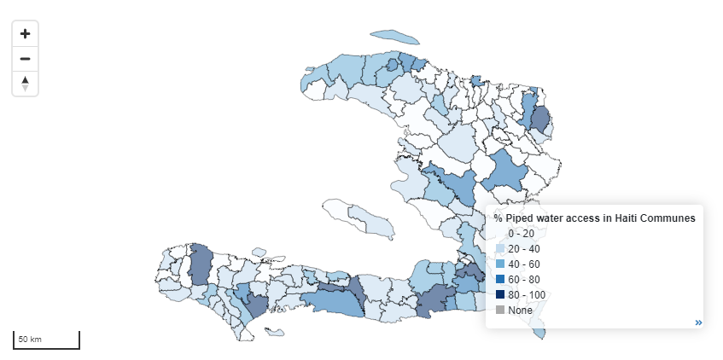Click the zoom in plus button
point(25,34)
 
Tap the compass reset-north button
point(25,83)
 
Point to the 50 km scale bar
point(46,340)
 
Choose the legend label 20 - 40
point(523,249)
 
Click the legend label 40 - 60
point(523,264)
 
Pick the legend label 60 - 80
point(523,280)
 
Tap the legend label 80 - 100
point(527,295)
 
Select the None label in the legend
point(520,311)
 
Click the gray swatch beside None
point(500,311)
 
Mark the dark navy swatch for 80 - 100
point(500,295)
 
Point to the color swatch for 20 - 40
point(500,249)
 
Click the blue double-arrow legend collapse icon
point(698,322)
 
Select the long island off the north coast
point(396,38)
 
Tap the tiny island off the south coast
point(274,332)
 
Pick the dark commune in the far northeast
point(539,118)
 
